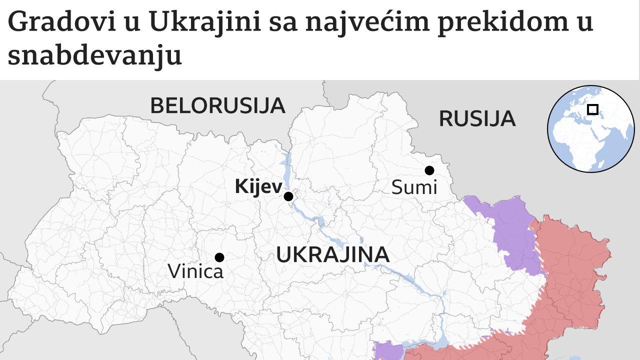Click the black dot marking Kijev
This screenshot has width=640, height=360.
click(288, 196)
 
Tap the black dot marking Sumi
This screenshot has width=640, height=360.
click(429, 170)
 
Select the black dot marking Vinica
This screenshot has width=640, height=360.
click(219, 257)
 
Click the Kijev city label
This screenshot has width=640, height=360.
click(258, 187)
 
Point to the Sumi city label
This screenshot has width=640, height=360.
click(414, 188)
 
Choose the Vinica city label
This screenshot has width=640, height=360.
click(195, 271)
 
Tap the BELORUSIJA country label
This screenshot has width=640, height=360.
click(217, 106)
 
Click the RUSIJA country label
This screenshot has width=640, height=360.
click(477, 119)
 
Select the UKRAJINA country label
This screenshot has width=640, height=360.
click(332, 255)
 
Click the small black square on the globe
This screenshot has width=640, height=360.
click(593, 109)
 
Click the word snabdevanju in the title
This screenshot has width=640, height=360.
click(95, 56)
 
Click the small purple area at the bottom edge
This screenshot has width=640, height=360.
click(388, 351)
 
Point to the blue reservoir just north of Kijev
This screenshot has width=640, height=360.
click(286, 167)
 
